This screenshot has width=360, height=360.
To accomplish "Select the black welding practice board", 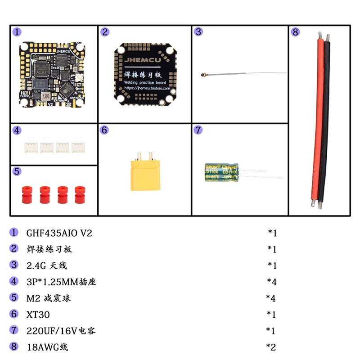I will [144, 74].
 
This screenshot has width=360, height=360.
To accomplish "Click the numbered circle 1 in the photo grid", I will [17, 32].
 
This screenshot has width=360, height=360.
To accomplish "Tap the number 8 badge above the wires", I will [295, 32].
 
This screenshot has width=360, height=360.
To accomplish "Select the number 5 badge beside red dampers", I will [17, 171].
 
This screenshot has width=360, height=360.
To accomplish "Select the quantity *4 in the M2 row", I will [270, 298].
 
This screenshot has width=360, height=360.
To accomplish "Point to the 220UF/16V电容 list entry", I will [61, 331].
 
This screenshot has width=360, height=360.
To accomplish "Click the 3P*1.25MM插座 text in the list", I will [61, 282].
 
